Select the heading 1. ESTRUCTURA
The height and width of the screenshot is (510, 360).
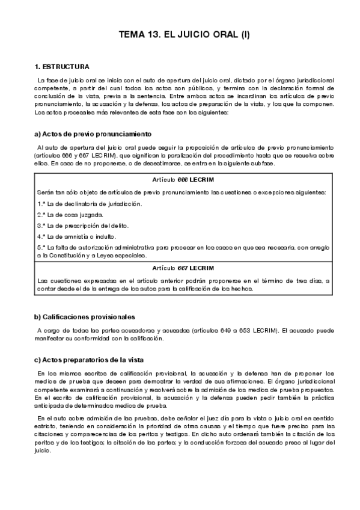click(63, 66)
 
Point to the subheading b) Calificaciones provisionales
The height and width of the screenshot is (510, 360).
click(85, 317)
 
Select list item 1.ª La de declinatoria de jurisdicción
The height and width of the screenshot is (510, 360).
click(90, 203)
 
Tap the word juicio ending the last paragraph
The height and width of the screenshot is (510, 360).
click(44, 452)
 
